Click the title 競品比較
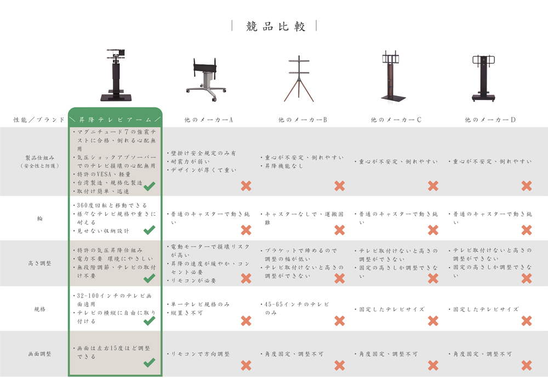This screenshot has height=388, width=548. [x=276, y=26]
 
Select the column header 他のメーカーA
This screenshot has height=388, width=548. [x=209, y=120]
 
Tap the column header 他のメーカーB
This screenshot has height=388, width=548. [x=302, y=120]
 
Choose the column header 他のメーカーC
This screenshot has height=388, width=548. [x=396, y=120]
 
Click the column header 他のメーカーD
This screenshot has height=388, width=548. [x=490, y=120]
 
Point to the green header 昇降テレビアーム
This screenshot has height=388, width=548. [x=115, y=120]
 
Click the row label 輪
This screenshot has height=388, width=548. [x=39, y=218]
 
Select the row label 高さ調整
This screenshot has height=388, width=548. [x=39, y=263]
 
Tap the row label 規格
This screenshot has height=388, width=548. [x=39, y=310]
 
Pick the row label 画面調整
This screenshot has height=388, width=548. [x=39, y=354]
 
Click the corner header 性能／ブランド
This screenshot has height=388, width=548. [x=39, y=120]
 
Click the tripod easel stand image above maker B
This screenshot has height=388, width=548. [x=299, y=78]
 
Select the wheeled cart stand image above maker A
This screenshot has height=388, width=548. [x=206, y=80]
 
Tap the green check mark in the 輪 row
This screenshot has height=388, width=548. [x=149, y=230]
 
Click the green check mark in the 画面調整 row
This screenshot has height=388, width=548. [x=149, y=362]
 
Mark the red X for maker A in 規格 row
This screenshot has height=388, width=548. [x=246, y=321]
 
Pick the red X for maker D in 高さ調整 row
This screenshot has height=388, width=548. [x=526, y=278]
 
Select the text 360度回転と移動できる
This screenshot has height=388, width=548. [x=110, y=205]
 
